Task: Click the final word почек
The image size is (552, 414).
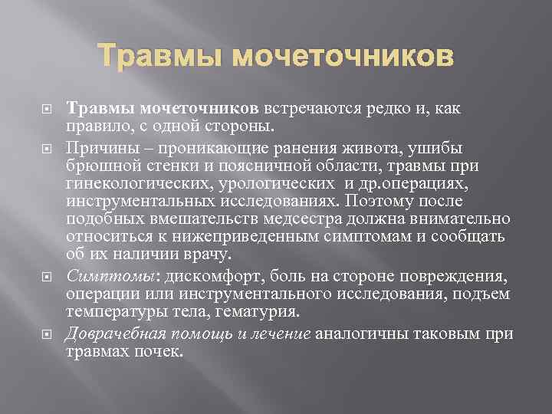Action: (160, 353)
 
